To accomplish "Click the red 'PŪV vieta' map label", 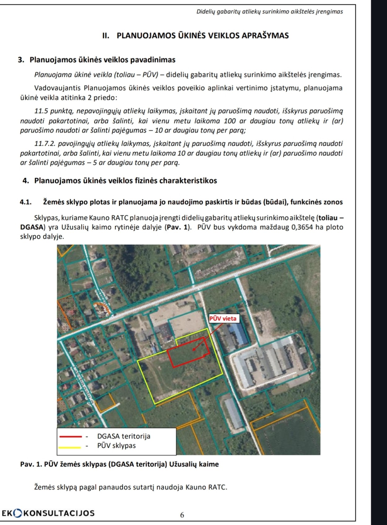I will tap(223, 319).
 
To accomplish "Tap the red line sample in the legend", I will tap(71, 436).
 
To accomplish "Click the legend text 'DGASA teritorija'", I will tap(124, 436).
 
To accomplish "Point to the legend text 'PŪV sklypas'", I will tap(116, 446).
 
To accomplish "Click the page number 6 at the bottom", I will tap(182, 515).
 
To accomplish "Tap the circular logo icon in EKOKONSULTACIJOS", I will tap(18, 513).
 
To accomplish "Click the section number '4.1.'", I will tap(26, 202).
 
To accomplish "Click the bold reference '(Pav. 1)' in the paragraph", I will tap(178, 227).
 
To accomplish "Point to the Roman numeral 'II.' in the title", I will tap(106, 36).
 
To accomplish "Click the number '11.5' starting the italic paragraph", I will tap(40, 111).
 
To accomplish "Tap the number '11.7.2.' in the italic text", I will tap(45, 143).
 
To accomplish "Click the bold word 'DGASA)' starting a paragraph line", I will tap(33, 227).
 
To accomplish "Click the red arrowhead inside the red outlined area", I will tap(194, 350).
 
